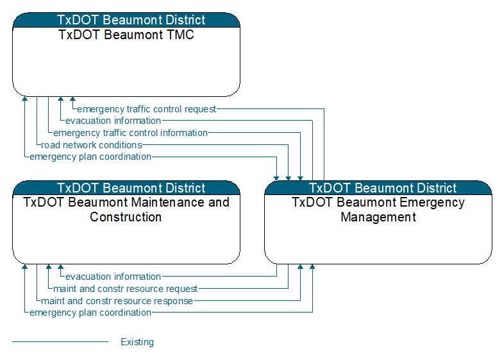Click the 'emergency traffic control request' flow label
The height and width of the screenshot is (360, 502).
pos(147,109)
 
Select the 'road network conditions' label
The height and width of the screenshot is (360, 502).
pos(92,145)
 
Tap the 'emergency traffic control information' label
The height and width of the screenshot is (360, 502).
pos(130,133)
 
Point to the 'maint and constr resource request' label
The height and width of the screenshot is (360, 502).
pos(125,289)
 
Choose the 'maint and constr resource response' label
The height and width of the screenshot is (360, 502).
pos(117,301)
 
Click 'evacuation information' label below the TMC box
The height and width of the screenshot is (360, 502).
pos(113,121)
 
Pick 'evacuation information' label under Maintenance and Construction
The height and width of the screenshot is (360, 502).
pos(113,277)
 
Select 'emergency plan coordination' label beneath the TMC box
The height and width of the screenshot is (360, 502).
pos(90,157)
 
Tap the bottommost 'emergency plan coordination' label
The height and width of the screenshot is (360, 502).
pos(90,313)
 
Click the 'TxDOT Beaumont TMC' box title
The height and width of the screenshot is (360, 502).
pos(126,35)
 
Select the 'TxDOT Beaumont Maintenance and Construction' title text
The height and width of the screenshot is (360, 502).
pos(126,210)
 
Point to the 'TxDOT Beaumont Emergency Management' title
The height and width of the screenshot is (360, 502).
pos(378,210)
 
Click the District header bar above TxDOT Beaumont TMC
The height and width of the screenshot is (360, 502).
pos(126,20)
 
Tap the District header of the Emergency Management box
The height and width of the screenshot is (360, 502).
pos(378,188)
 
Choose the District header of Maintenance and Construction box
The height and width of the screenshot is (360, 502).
pos(126,188)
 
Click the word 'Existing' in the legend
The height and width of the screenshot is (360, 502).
pos(137,342)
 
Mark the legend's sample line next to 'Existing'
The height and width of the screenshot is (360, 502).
pos(60,342)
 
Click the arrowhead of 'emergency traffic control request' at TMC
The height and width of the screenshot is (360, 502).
pos(72,99)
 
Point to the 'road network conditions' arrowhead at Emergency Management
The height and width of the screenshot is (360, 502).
pos(288,178)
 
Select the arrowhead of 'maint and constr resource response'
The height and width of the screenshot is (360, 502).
pos(300,267)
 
